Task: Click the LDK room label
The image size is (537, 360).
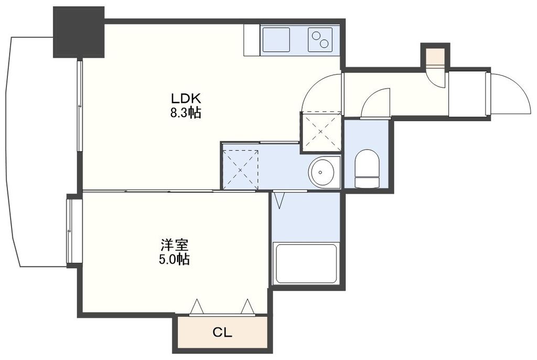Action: tap(186, 98)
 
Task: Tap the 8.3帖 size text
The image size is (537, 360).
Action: tap(186, 113)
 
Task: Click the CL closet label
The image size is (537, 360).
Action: tap(222, 332)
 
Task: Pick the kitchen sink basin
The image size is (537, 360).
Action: tap(277, 39)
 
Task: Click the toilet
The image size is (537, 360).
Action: tap(367, 167)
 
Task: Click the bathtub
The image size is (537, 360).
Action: tap(306, 263)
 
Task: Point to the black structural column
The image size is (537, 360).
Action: tap(79, 33)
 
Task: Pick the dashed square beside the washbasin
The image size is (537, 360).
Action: tap(240, 170)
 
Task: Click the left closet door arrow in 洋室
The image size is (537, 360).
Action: tap(196, 306)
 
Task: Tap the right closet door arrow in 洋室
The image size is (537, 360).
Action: tap(246, 306)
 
